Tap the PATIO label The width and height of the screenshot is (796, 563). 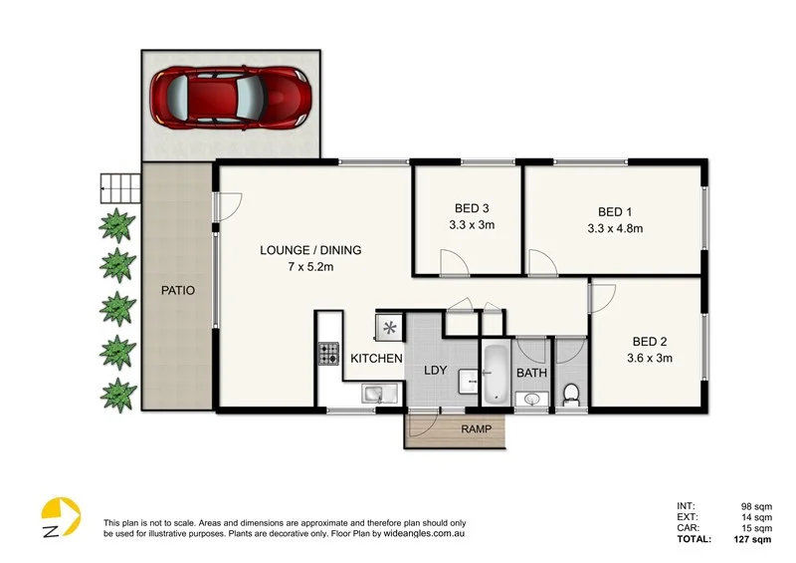178,291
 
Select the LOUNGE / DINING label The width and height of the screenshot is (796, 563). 310,250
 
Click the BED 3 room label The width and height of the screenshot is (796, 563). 472,208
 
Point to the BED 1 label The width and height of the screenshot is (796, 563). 615,211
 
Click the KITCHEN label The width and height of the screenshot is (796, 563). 375,358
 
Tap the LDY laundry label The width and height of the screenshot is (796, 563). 436,371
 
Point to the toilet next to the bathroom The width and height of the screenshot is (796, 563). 570,393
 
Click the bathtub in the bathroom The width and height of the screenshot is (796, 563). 495,374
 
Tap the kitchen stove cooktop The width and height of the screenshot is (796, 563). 328,352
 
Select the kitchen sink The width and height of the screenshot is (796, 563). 372,394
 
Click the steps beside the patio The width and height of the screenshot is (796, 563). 118,185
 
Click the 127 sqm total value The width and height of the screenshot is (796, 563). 752,539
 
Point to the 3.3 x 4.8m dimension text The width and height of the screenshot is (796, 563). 615,228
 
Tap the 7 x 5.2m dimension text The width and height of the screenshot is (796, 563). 310,267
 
